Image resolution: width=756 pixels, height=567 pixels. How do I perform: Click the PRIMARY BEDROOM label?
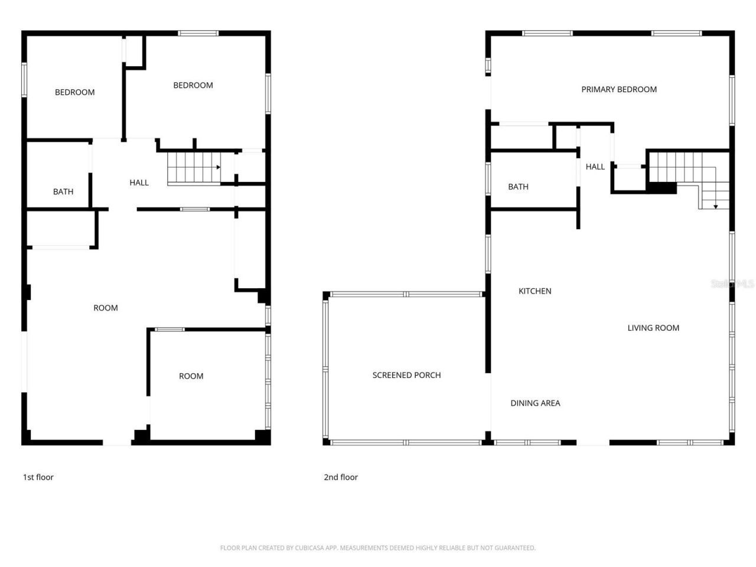coord(618,89)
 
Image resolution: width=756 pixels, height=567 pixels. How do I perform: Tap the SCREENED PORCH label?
coord(406,375)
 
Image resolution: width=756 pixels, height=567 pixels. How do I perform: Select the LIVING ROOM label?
coord(653,328)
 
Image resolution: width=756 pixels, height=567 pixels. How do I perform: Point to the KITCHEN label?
coord(535,291)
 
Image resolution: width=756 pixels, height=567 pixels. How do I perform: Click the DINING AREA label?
coord(535,403)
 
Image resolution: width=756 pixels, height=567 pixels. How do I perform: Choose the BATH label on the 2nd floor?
coord(518,187)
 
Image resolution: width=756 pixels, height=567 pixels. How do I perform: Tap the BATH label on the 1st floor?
coord(63,191)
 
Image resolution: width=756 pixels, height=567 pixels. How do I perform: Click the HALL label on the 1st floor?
coord(139,183)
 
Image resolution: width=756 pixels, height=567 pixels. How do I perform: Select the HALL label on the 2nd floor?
coord(595,167)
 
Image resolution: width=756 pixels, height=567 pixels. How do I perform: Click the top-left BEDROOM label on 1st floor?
coord(74,92)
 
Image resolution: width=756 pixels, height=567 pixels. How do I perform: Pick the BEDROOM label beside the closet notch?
coord(193,85)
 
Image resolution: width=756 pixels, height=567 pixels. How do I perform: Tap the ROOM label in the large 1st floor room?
coord(105,308)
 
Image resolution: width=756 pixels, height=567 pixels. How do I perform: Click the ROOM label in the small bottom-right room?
coord(191,376)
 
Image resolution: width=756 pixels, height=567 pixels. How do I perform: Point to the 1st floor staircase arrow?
coord(217,168)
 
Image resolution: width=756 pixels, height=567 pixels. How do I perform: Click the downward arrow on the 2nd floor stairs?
coord(715,206)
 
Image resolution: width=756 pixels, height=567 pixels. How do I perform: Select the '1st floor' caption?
coord(38,477)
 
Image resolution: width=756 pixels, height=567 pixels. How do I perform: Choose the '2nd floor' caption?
coord(340,477)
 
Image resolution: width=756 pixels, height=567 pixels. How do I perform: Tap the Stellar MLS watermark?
coord(732,284)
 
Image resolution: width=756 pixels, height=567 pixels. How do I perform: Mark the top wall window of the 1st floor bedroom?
coord(198,34)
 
